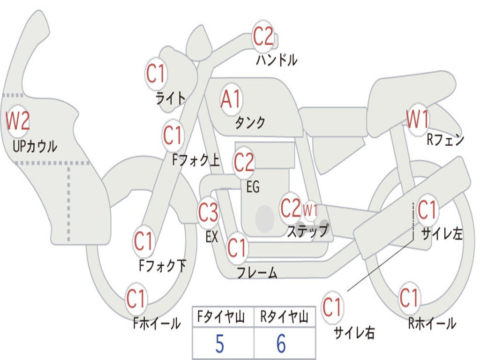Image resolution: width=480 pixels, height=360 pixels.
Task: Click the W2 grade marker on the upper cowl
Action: (x=18, y=120)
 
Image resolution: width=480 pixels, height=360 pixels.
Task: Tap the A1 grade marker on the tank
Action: (x=231, y=99)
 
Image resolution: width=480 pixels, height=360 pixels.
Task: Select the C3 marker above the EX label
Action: (x=208, y=212)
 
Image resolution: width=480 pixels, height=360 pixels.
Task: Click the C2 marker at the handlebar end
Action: (x=263, y=36)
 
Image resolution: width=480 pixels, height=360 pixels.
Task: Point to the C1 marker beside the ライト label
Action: (x=156, y=74)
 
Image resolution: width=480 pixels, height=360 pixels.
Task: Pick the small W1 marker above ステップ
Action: (x=310, y=210)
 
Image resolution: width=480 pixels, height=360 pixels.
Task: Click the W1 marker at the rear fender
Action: (x=417, y=120)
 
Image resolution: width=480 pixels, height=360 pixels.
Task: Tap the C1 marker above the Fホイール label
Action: (x=135, y=299)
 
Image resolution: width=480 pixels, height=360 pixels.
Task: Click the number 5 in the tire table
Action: (x=219, y=344)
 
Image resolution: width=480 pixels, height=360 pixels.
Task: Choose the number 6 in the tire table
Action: (x=281, y=344)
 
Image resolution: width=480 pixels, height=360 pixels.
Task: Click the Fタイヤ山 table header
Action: (x=221, y=316)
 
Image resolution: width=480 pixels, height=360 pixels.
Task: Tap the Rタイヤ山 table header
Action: (x=284, y=316)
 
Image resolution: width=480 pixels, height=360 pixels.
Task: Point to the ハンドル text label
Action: (x=277, y=60)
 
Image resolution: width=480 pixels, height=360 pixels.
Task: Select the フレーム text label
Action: (x=257, y=272)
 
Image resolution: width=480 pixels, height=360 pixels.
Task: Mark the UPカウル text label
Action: (x=35, y=146)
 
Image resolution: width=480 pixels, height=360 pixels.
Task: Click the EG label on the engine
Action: (x=253, y=187)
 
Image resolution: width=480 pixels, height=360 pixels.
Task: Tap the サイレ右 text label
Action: (x=354, y=332)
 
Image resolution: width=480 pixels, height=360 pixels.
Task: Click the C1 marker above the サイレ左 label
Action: (x=427, y=210)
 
